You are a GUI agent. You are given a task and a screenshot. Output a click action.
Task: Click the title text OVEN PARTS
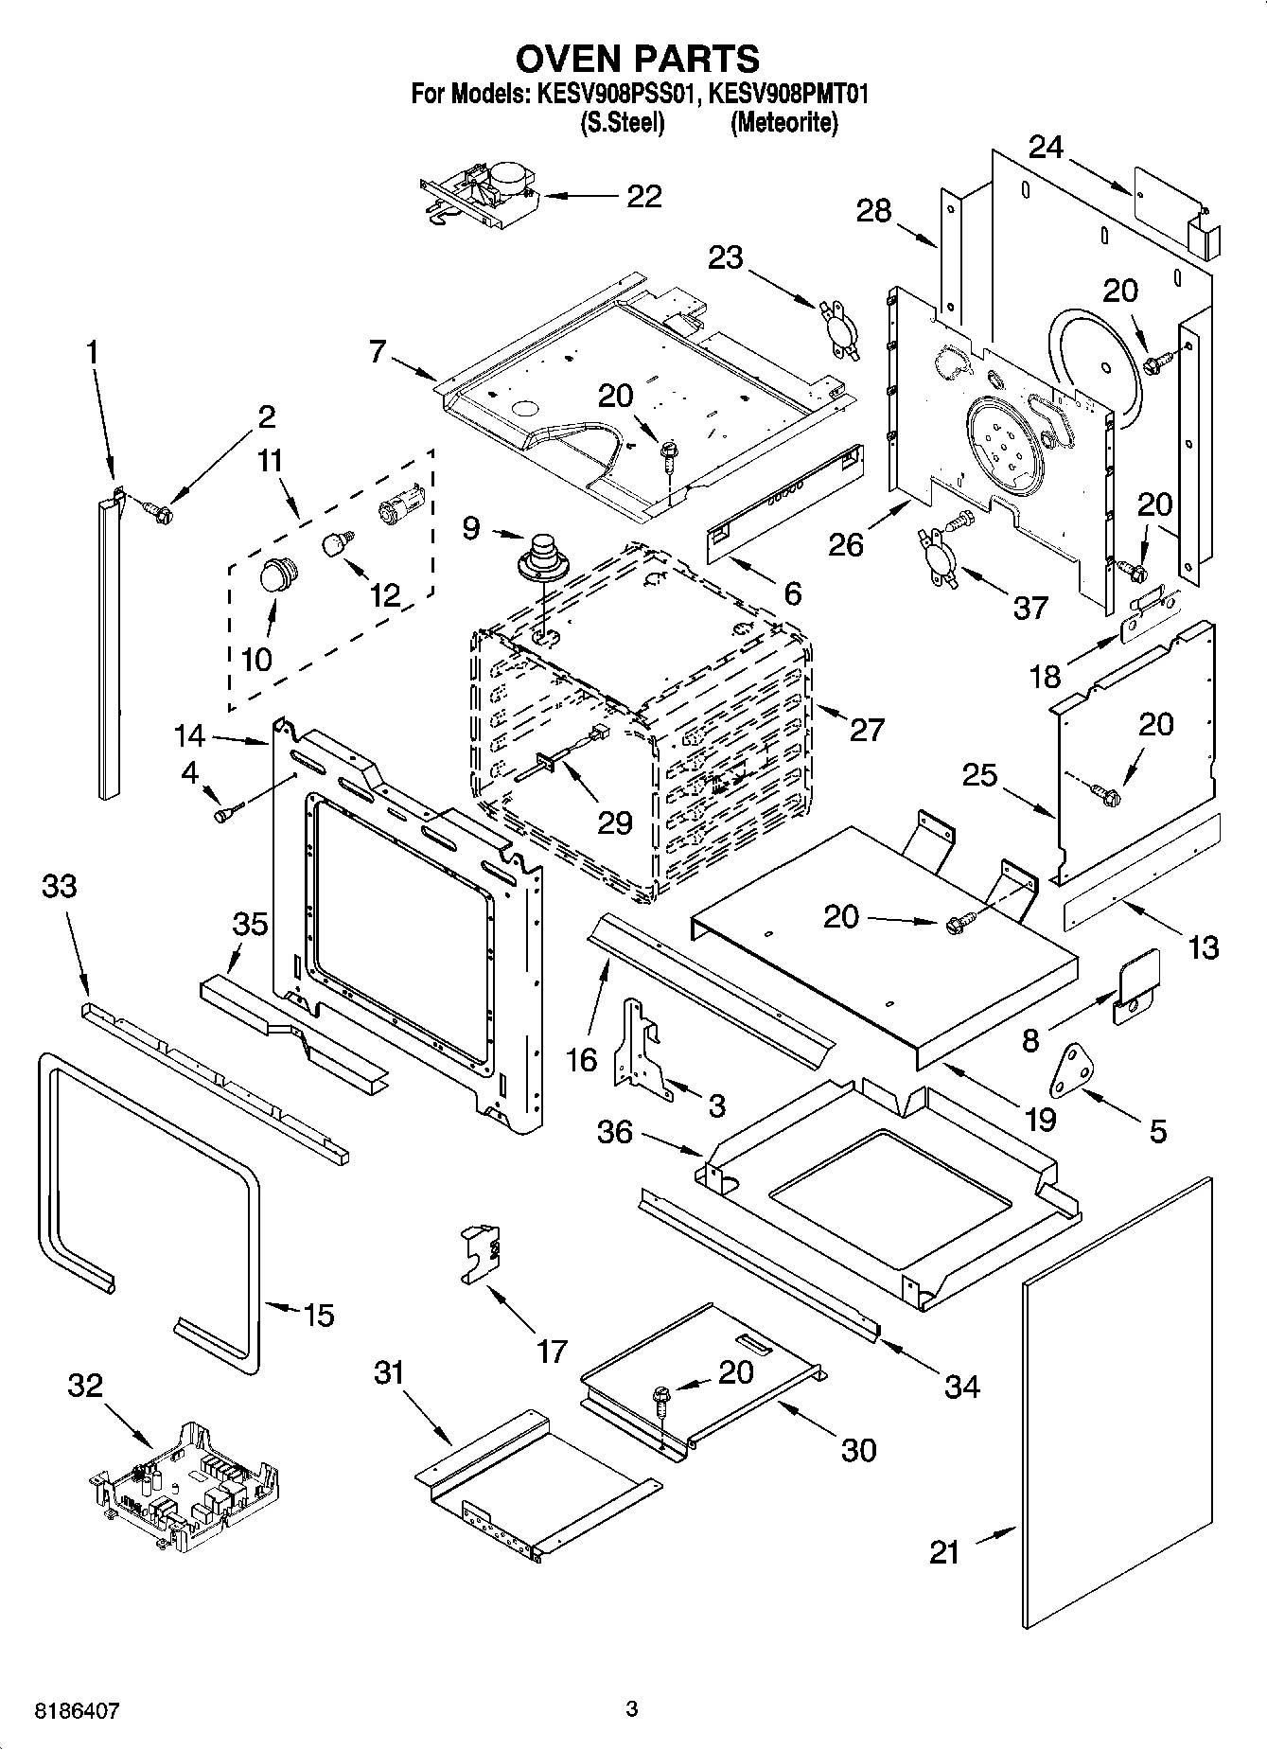tap(637, 59)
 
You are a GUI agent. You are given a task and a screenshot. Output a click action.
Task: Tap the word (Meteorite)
tap(783, 123)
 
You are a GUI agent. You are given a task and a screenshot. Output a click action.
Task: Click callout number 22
tap(644, 196)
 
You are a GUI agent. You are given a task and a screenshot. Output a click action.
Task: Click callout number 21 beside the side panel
tap(943, 1552)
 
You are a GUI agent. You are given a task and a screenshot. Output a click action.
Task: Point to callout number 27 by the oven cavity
tap(867, 729)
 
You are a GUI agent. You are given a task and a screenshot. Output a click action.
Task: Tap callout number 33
tap(60, 887)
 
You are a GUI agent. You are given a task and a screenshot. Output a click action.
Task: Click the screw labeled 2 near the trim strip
tap(160, 512)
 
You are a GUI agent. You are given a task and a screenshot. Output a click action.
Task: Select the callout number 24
tap(1047, 148)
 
